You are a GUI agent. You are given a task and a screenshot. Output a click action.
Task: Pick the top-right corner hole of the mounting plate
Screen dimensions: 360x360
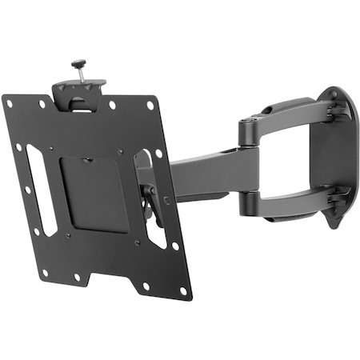coord(150,105)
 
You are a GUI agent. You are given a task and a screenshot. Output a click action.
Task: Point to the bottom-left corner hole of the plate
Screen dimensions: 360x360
coord(44,273)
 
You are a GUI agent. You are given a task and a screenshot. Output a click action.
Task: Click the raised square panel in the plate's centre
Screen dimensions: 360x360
coord(94,192)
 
